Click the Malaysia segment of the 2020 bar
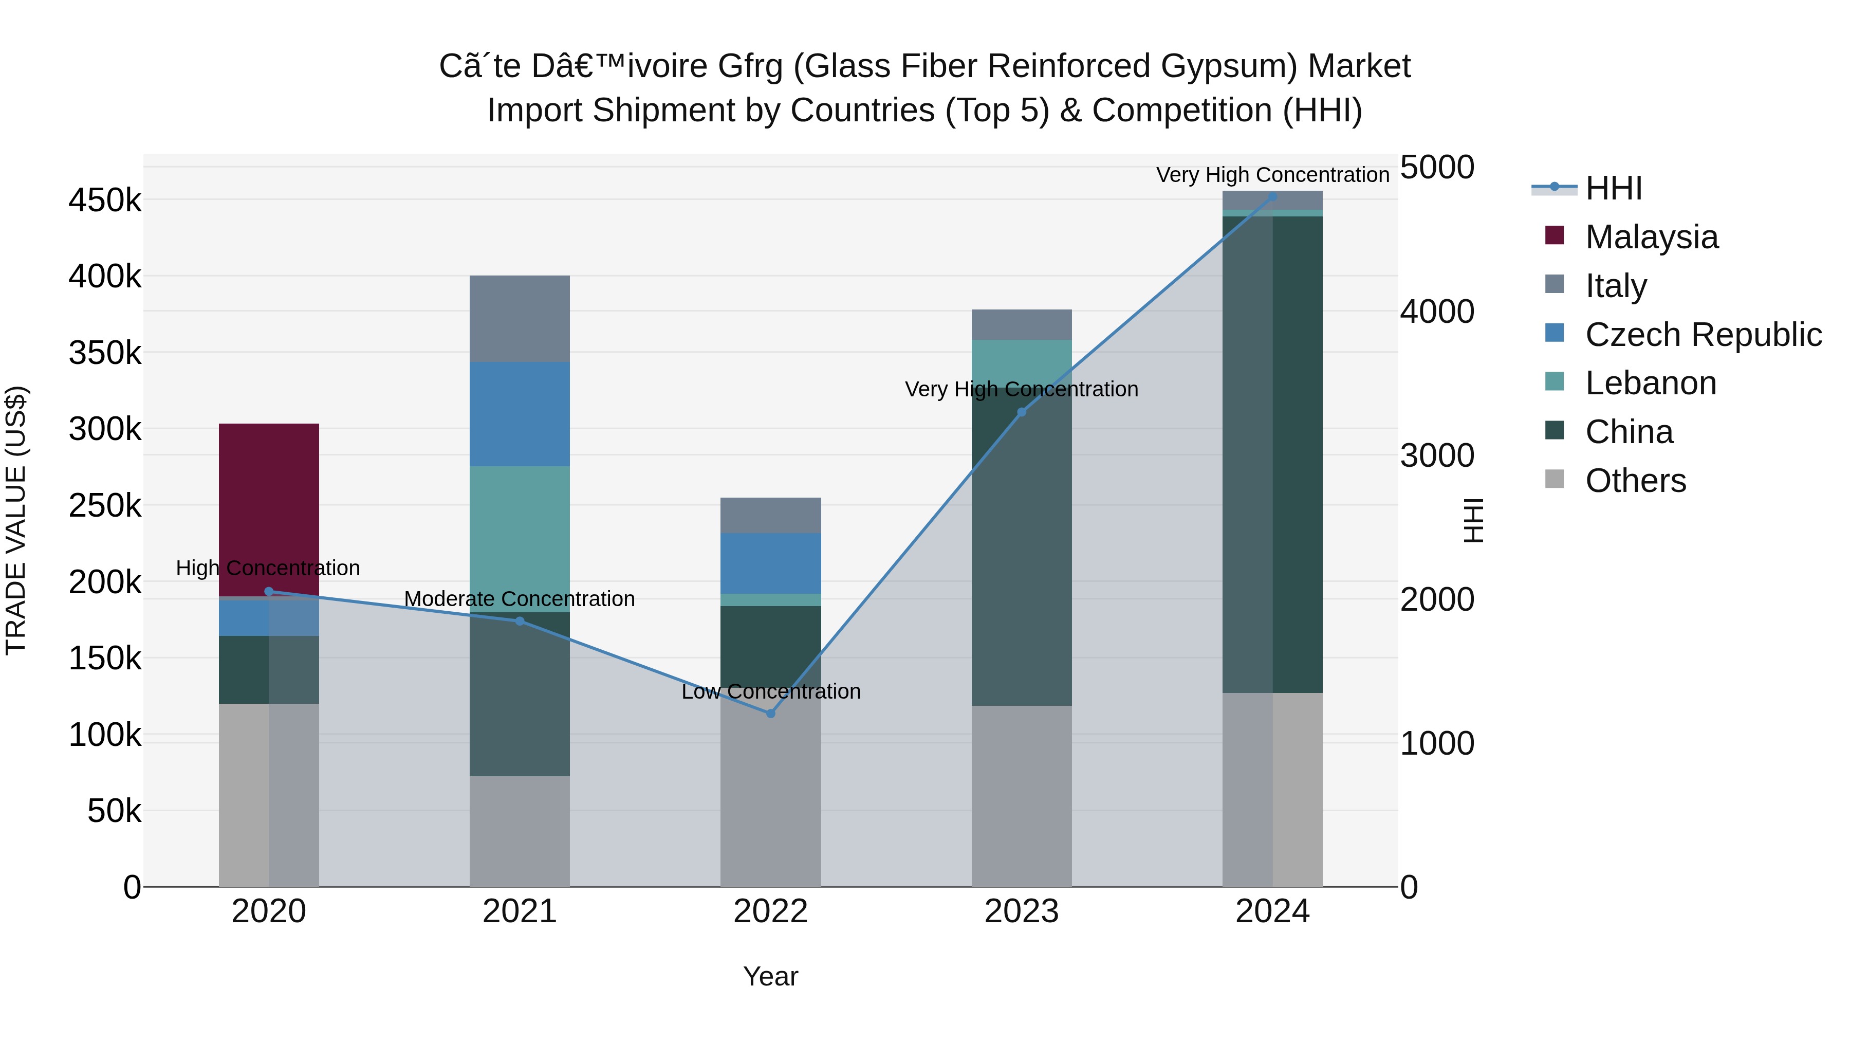[269, 503]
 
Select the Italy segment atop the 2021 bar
[519, 318]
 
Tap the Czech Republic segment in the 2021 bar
[519, 414]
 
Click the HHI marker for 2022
[771, 714]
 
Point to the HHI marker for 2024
[1272, 197]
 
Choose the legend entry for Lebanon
[1650, 383]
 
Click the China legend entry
[1629, 432]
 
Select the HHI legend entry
[1613, 188]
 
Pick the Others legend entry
[1635, 481]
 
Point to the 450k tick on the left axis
[105, 200]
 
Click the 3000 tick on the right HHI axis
[1437, 455]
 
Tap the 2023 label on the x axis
[1021, 911]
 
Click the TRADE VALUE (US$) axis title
[16, 520]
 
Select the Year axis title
[771, 976]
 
